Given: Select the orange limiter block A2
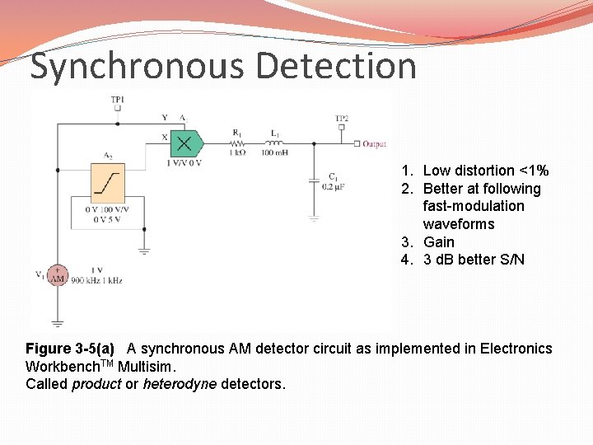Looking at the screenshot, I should (107, 182).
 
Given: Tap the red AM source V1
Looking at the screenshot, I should (58, 276).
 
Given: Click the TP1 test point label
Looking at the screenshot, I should (118, 100).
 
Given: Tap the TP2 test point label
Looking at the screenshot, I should (341, 119).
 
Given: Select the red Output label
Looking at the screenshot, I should (374, 143).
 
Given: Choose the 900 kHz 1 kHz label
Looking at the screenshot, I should (97, 280).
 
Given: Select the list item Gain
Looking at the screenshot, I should (439, 241).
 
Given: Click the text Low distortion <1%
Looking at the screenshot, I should (485, 171).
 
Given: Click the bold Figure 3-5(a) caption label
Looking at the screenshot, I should (70, 349).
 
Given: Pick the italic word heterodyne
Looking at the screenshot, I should (175, 384).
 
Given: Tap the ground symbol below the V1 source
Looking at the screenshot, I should (58, 322).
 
